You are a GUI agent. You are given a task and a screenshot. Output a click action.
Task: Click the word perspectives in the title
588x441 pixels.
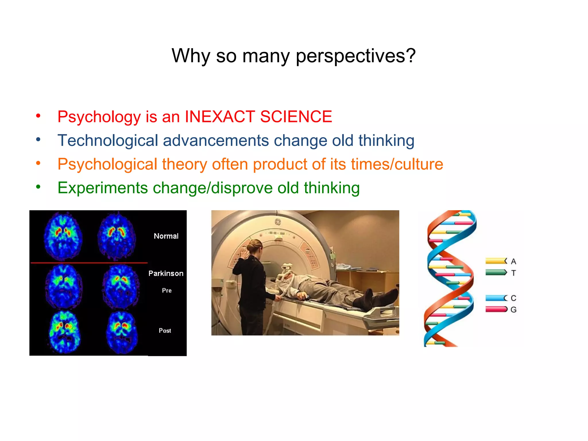coord(355,56)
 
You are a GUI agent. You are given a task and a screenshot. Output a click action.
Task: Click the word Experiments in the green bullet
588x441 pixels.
coord(102,188)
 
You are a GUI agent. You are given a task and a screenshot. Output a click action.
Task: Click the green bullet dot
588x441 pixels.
coord(38,187)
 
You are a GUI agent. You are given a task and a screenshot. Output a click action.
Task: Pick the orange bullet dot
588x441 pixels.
coord(38,163)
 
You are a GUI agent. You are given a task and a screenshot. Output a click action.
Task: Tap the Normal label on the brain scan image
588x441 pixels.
coord(166,236)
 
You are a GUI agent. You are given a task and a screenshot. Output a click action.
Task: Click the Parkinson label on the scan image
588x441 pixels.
coord(166,273)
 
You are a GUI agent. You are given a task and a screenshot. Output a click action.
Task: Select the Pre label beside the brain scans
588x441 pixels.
coord(167,291)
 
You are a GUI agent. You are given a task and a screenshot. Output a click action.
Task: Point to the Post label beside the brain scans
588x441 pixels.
coord(165,331)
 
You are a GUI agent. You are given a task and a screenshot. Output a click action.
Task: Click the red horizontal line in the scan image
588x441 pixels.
coord(89,263)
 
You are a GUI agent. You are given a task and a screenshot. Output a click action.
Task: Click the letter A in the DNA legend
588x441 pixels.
coord(514,262)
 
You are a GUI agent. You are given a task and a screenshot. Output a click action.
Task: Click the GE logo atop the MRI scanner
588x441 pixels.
coord(278,222)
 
